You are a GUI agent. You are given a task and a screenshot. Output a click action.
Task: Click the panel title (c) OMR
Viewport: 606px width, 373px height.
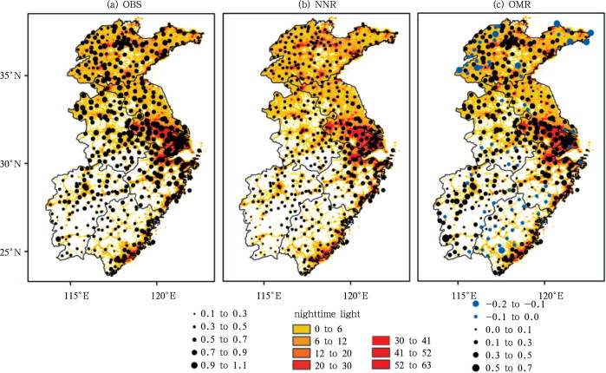(505, 7)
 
